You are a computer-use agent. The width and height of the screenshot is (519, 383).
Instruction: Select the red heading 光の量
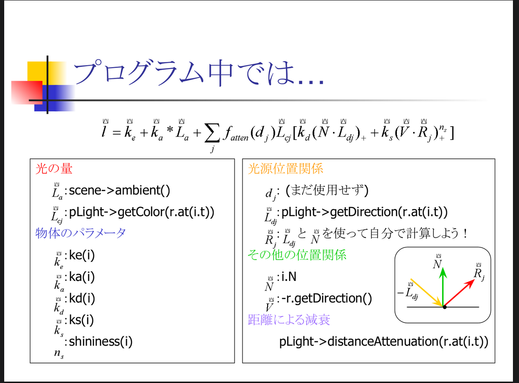pyautogui.click(x=54, y=169)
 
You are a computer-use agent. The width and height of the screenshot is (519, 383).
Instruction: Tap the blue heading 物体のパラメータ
pyautogui.click(x=80, y=233)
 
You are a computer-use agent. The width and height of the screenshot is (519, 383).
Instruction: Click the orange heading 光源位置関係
pyautogui.click(x=285, y=169)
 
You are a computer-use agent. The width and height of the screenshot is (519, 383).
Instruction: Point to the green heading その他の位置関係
pyautogui.click(x=297, y=255)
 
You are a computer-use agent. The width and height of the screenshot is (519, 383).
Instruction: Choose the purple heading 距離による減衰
pyautogui.click(x=289, y=320)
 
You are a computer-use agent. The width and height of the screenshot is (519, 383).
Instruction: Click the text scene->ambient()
pyautogui.click(x=119, y=191)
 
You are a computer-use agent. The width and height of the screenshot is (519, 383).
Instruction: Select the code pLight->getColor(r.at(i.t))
pyautogui.click(x=142, y=212)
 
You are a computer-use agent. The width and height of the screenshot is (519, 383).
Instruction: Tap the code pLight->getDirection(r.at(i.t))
pyautogui.click(x=365, y=212)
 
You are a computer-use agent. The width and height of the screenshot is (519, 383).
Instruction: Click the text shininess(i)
pyautogui.click(x=101, y=342)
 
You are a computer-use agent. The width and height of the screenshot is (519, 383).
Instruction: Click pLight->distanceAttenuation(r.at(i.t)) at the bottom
pyautogui.click(x=384, y=342)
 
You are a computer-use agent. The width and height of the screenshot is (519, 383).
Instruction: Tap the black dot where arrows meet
pyautogui.click(x=444, y=307)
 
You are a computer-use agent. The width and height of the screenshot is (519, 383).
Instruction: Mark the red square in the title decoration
pyautogui.click(x=27, y=92)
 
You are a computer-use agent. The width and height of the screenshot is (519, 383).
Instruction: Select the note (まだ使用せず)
pyautogui.click(x=327, y=190)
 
